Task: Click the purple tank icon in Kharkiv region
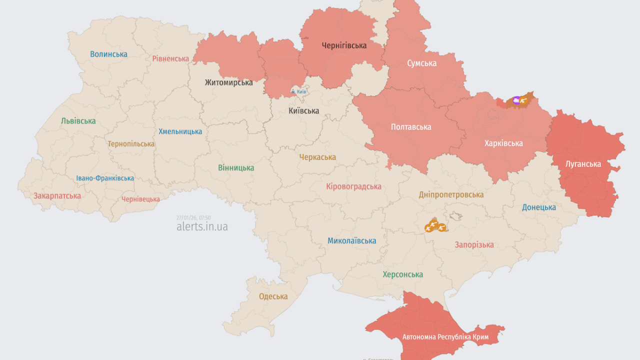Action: pos(516,100)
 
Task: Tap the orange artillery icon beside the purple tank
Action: pos(524,100)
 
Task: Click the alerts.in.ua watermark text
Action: pos(202,226)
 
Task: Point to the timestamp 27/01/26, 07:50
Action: pos(193,217)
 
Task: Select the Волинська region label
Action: pos(108,54)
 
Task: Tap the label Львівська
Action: pos(78,121)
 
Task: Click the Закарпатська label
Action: pos(57,196)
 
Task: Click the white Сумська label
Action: pos(421,63)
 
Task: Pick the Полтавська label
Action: pos(410,127)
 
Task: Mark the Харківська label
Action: pos(503,143)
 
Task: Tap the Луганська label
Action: pos(583,163)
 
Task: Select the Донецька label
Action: pos(539,207)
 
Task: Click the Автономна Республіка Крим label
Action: pos(445,337)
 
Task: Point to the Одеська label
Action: pos(273,296)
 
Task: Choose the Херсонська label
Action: pos(402,274)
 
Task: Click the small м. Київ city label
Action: pos(298,92)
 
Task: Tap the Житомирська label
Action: pos(228,82)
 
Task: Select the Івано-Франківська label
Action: pos(105,178)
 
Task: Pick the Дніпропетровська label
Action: pos(451,194)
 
